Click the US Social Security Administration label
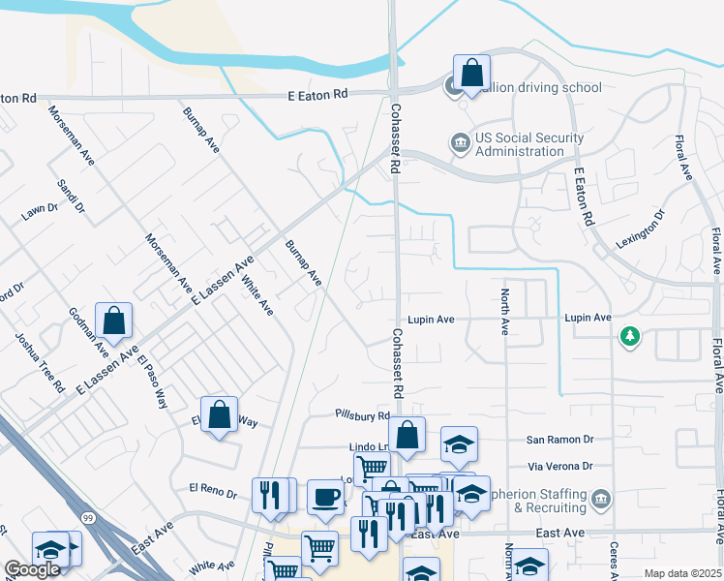click(519, 144)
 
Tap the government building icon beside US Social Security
click(460, 144)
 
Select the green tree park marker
click(630, 336)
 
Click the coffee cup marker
click(325, 497)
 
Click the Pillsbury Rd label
click(362, 415)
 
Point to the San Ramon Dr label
click(559, 439)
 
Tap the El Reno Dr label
click(213, 492)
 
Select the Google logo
click(32, 570)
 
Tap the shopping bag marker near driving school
click(471, 73)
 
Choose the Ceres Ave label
click(614, 559)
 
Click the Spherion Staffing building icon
click(601, 500)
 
